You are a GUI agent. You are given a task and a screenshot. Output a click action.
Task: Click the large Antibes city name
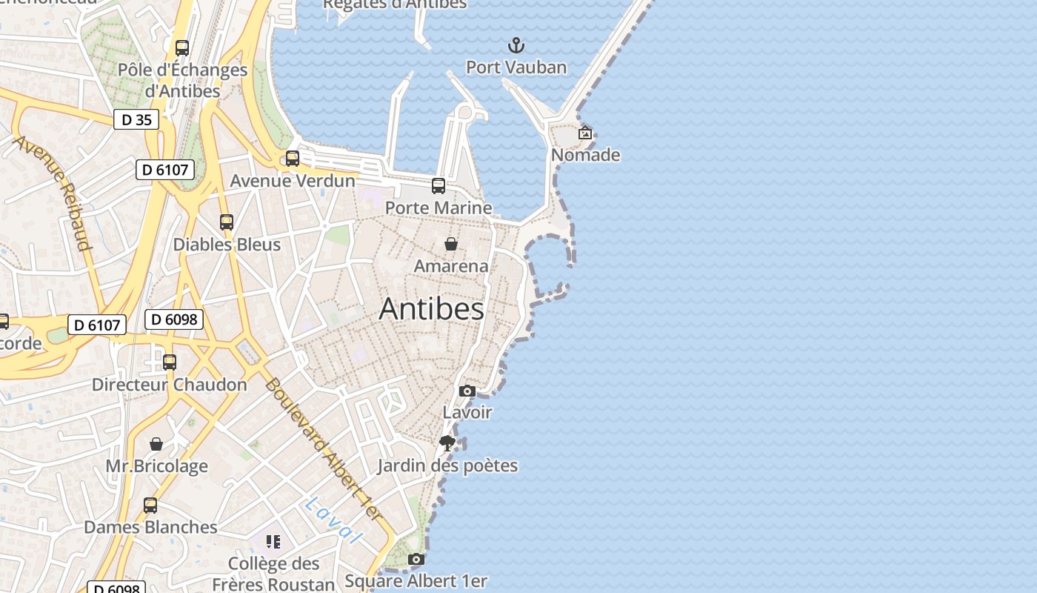[431, 309]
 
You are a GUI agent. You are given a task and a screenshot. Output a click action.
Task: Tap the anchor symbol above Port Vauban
[516, 46]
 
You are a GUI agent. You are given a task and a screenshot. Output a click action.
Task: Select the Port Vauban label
[516, 67]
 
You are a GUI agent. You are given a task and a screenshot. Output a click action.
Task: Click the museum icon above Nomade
[585, 133]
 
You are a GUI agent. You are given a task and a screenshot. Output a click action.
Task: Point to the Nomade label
[585, 155]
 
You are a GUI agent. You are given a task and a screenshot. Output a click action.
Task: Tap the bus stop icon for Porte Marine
[439, 186]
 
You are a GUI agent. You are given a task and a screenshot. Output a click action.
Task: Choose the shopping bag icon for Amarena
[450, 244]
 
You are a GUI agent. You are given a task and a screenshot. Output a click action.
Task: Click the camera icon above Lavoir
[467, 391]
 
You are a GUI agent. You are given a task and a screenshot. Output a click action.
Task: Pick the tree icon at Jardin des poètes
[447, 443]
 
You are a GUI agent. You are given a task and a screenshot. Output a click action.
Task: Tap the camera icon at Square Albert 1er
[416, 559]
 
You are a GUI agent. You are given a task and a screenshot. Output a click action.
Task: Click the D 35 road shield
[136, 119]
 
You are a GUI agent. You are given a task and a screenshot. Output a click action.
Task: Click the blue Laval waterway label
[334, 520]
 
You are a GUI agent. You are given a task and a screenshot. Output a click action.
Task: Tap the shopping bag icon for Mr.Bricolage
[156, 444]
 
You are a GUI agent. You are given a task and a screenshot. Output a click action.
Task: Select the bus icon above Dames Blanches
[150, 506]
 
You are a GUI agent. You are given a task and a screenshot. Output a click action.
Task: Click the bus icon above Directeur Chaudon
[170, 362]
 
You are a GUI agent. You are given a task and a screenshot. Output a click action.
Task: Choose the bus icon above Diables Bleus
[227, 222]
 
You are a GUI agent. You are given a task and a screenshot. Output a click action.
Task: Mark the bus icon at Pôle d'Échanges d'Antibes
[182, 48]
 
